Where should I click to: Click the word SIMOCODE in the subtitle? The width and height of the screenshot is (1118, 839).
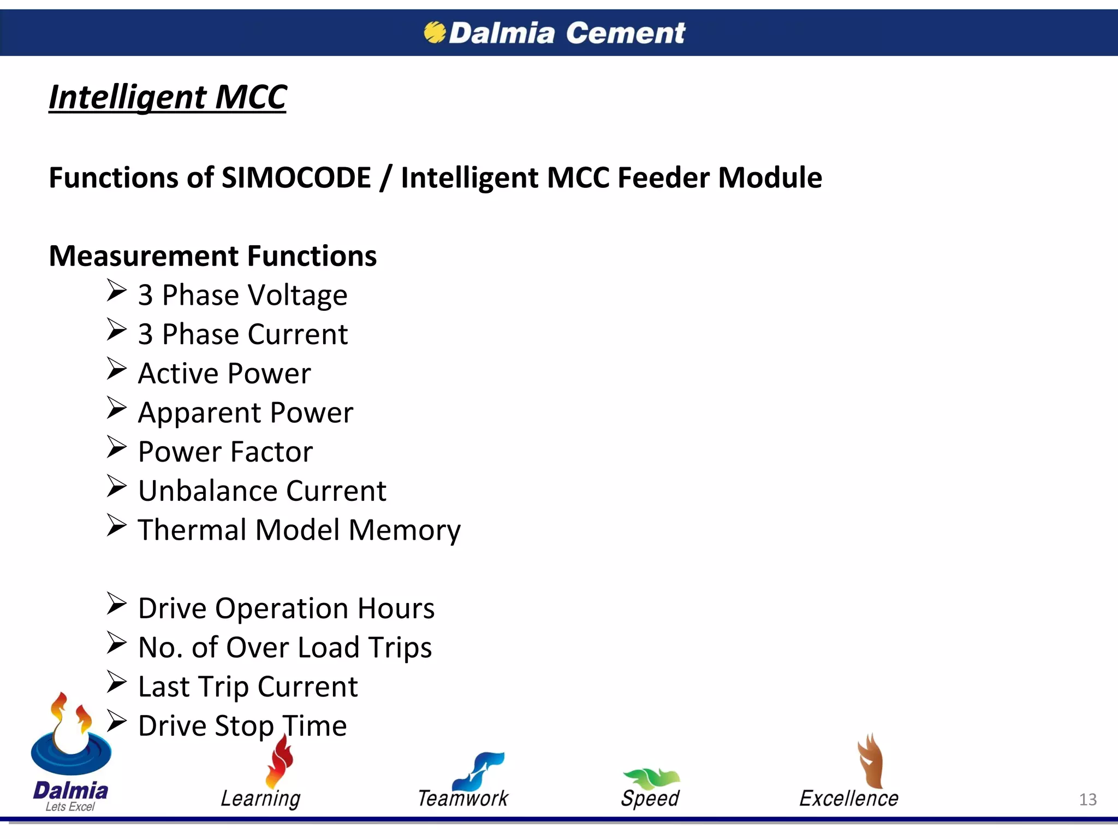click(x=296, y=178)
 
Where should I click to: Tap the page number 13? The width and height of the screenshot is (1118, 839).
click(x=1087, y=800)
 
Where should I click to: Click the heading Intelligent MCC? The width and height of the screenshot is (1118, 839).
click(x=168, y=97)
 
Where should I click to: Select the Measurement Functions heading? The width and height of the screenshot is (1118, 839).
click(x=213, y=256)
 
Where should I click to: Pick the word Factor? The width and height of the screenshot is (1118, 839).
click(x=271, y=452)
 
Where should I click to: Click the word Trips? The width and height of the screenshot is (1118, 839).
click(x=400, y=648)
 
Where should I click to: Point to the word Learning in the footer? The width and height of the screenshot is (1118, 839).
click(x=260, y=799)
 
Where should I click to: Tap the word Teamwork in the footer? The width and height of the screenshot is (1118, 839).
click(x=463, y=799)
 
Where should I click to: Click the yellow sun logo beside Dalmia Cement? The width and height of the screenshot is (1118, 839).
click(x=435, y=32)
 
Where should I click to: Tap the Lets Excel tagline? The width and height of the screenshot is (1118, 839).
click(x=70, y=807)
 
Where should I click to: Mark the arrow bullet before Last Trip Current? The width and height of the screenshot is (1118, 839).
click(x=116, y=682)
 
